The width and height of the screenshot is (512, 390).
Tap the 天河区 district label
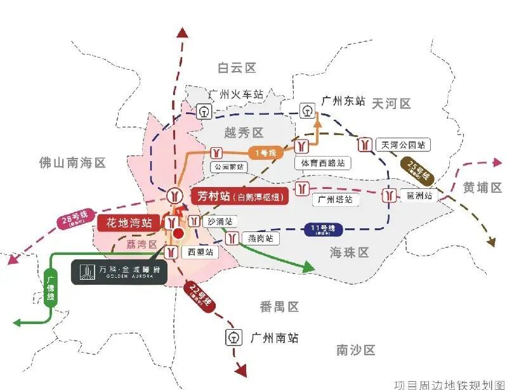[x=391, y=103]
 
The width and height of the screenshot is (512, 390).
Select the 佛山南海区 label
[x=72, y=164]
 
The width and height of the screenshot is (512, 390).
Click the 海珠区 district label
[x=349, y=252]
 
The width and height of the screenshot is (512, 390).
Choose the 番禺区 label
[x=279, y=307]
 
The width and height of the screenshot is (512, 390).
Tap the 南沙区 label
[x=356, y=349]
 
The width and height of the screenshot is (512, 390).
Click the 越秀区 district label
[x=244, y=133]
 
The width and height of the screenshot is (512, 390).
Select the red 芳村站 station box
[x=239, y=196]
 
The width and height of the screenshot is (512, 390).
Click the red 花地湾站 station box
[x=129, y=223]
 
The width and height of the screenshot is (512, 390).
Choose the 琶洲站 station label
[x=419, y=196]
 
